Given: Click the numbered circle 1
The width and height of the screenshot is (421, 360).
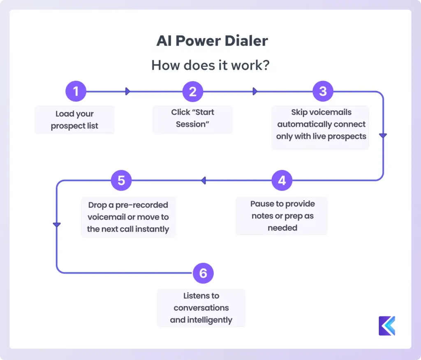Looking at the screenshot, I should [76, 91].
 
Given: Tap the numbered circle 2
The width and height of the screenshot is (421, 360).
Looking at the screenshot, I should [193, 91].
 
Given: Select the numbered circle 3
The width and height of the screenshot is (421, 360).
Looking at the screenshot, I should [323, 91].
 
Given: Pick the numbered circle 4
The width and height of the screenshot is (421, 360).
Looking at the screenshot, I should [282, 180].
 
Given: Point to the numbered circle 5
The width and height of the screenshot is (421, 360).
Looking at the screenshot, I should [121, 180].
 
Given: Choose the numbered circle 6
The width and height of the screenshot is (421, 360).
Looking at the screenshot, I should [203, 273].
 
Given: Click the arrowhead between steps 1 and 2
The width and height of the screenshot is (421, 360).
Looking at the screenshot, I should [127, 91].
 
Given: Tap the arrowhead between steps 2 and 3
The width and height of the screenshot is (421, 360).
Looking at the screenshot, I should [255, 91].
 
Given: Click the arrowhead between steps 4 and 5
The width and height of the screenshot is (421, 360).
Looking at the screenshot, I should [203, 180].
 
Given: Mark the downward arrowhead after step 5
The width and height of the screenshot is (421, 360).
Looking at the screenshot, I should [57, 225].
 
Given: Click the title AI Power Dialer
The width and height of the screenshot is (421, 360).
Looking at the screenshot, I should [212, 41].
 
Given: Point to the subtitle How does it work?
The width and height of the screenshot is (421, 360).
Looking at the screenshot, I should [210, 65].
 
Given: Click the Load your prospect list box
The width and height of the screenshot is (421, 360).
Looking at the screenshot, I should [74, 120].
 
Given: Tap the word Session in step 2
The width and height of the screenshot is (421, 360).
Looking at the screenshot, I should [193, 124].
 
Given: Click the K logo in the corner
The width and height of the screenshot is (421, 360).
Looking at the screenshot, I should [386, 326].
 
